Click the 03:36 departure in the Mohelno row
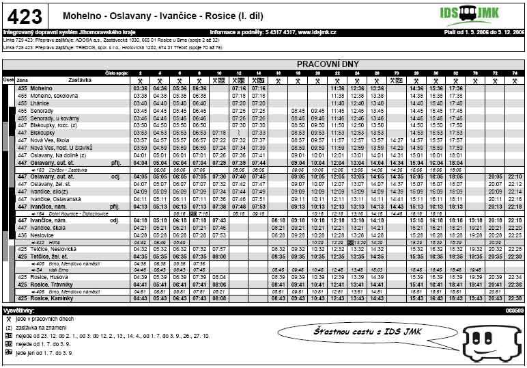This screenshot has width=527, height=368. pyautogui.click(x=141, y=88)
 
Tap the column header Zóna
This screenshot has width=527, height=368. pyautogui.click(x=22, y=80)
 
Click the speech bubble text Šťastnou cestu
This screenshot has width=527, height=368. pyautogui.click(x=347, y=332)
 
